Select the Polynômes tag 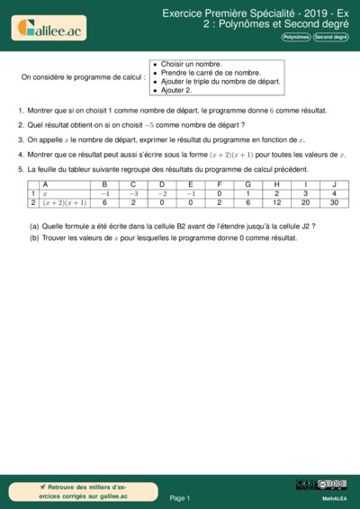coord(295,38)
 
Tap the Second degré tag coord(330,38)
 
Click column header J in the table coord(334,184)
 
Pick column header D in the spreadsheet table coord(162,184)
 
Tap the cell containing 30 coord(334,203)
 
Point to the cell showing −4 coord(105,193)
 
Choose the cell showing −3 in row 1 coord(134,193)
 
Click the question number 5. coord(20,169)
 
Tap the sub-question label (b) coord(34,237)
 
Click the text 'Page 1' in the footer coord(180,496)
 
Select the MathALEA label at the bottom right coord(335,497)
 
